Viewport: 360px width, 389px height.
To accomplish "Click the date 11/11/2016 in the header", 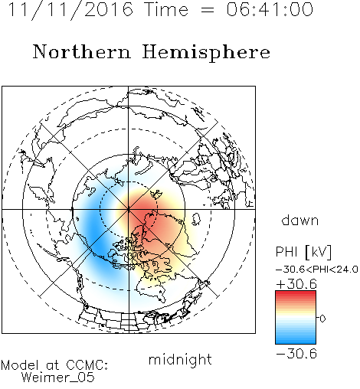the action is point(70,10).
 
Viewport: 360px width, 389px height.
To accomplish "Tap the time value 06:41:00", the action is point(270,9).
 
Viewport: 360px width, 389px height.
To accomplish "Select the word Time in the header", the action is point(166,9).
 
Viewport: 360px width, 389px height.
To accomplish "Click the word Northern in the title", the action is point(82,51).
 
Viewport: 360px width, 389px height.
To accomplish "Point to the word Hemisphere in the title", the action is point(206,53).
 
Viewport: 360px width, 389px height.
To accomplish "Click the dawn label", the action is point(300,220).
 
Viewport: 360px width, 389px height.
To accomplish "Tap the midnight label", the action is point(180,359).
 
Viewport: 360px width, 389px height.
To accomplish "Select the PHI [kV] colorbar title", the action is point(303,252).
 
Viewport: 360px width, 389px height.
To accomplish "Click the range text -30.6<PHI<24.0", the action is point(317,270).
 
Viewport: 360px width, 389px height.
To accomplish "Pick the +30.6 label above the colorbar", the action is point(296,284).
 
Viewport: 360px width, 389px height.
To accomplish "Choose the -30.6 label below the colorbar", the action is point(296,354).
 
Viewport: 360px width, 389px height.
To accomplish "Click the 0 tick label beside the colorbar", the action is point(322,319).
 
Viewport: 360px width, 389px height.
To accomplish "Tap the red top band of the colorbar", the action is point(296,294).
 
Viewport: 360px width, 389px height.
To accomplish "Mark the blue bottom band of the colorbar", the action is point(296,341).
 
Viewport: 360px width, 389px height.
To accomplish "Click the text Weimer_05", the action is point(58,378).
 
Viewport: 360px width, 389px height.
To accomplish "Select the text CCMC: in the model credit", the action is point(87,365).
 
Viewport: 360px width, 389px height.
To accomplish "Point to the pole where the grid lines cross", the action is point(129,209).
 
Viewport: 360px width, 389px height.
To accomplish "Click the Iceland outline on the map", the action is point(196,220).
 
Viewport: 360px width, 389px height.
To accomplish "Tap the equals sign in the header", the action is point(208,10).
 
